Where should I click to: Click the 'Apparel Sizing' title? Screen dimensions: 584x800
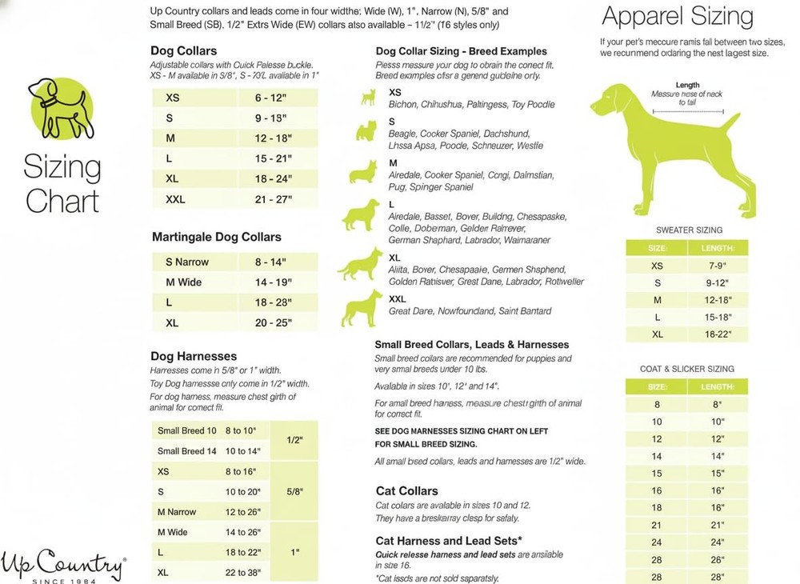677,17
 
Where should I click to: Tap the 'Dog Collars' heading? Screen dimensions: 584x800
183,51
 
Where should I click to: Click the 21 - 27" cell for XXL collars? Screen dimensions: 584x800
274,199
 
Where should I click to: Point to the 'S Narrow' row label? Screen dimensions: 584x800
187,262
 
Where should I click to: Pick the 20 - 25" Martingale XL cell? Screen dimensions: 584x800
274,323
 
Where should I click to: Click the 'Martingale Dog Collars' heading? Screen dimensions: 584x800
216,237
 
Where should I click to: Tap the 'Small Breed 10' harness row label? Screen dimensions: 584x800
186,430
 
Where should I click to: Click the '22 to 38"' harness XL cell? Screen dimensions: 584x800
243,573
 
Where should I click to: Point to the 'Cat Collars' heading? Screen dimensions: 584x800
406,490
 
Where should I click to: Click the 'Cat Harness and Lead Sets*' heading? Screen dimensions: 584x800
449,541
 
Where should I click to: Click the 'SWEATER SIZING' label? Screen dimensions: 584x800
689,230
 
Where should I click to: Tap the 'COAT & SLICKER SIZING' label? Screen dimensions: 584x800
687,369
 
